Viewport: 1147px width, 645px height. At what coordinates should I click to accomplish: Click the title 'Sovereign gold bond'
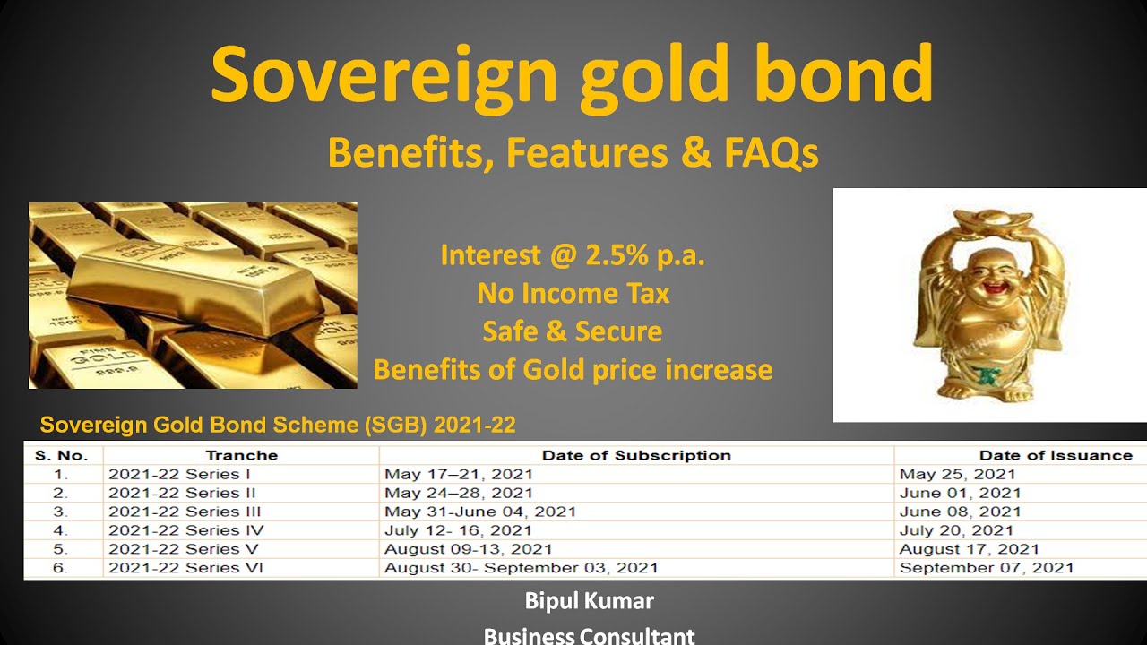coord(572,75)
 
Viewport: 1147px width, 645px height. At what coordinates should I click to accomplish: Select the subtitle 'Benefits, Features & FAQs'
coord(573,153)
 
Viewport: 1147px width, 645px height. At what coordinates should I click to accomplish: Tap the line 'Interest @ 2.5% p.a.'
coord(573,256)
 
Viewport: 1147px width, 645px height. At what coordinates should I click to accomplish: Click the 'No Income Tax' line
coord(573,293)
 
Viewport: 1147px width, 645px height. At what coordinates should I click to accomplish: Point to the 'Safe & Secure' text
coord(573,331)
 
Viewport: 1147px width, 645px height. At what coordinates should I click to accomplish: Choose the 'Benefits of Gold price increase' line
coord(573,369)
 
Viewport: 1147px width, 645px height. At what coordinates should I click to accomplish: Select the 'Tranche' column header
coord(241,455)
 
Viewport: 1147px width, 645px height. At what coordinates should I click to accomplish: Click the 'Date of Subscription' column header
coord(636,455)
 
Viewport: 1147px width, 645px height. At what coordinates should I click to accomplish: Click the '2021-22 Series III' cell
coord(185,512)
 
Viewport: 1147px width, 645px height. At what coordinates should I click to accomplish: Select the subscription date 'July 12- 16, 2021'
coord(458,530)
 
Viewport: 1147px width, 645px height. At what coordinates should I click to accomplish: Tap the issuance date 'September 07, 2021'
coord(986,567)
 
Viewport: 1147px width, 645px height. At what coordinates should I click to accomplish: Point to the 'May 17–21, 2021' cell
coord(458,474)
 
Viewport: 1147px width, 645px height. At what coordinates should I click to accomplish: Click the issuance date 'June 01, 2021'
coord(960,493)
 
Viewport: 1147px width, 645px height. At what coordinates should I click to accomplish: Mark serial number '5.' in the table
coord(60,548)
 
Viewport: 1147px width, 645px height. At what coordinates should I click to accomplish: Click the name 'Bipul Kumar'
coord(589,600)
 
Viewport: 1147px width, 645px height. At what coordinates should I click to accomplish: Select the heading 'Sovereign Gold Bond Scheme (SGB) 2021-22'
coord(278,425)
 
